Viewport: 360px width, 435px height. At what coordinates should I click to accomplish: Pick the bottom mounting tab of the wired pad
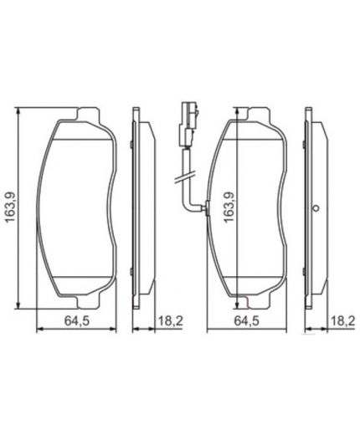pyautogui.click(x=245, y=298)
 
